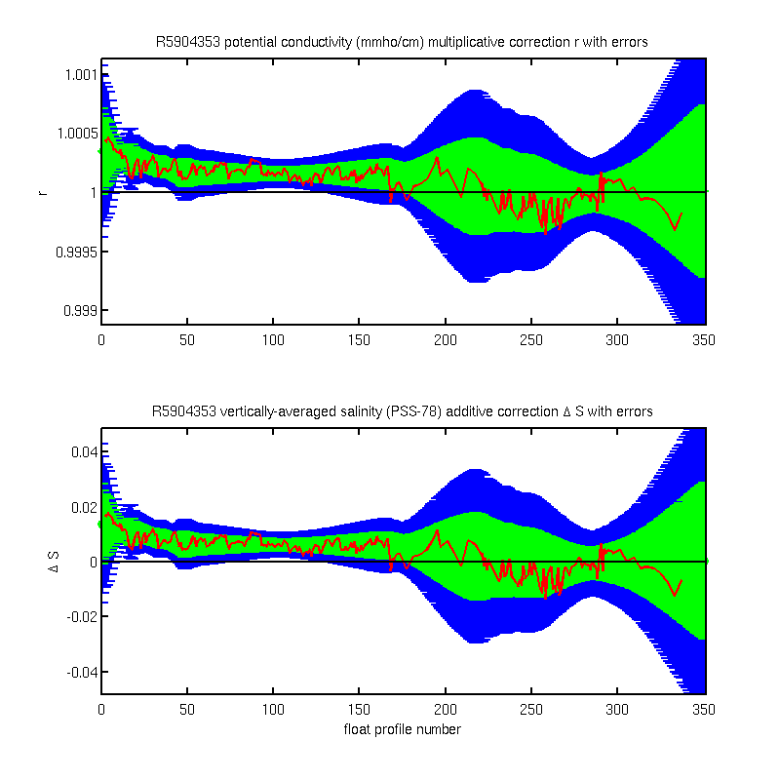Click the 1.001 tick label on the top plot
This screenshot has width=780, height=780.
click(x=80, y=75)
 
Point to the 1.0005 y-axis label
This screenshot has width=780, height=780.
click(x=77, y=134)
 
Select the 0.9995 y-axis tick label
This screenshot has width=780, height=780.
click(x=76, y=253)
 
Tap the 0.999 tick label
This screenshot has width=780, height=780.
click(x=79, y=311)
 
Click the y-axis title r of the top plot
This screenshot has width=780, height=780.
click(x=43, y=192)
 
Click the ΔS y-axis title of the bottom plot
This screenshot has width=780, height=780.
click(x=54, y=562)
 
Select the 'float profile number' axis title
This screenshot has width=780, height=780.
click(x=403, y=729)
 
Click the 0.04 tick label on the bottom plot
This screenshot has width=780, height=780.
click(x=84, y=452)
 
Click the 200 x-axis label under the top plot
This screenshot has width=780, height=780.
click(x=446, y=340)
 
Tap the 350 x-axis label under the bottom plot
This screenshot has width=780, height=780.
click(x=703, y=710)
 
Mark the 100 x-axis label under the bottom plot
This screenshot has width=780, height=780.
click(x=273, y=710)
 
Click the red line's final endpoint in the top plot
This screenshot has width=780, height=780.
click(x=682, y=214)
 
